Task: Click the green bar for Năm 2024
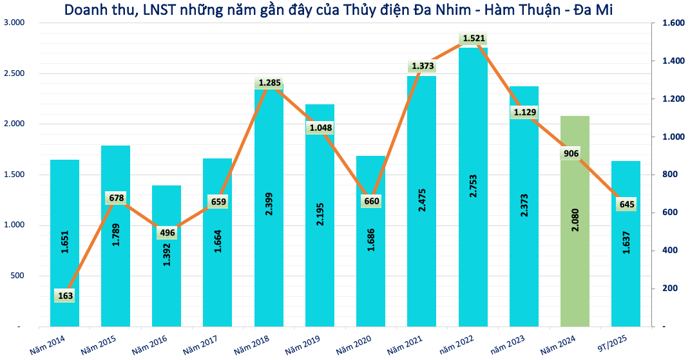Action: (x=575, y=222)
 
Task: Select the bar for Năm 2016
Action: (x=166, y=256)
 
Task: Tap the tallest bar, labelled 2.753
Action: (x=473, y=187)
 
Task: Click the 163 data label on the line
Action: (x=65, y=296)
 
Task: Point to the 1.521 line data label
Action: (x=474, y=38)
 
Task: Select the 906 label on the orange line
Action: (x=571, y=153)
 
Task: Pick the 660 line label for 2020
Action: (x=372, y=201)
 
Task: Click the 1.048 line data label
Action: (x=321, y=128)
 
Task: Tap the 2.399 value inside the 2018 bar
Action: (x=269, y=204)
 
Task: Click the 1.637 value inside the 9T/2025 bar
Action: (x=626, y=243)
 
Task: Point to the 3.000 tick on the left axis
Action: (x=15, y=23)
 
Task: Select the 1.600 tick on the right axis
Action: (x=674, y=23)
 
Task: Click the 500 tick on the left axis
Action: (x=17, y=276)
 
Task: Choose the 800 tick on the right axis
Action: (x=670, y=175)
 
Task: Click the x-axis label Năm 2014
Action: (x=48, y=345)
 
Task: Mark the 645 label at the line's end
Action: (x=627, y=204)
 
